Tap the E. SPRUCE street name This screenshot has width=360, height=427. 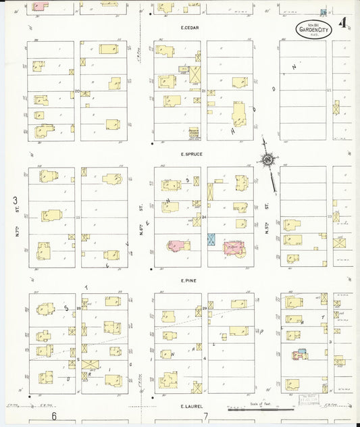click(x=192, y=154)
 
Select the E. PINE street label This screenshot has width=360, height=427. click(x=188, y=280)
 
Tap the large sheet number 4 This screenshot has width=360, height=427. click(x=344, y=22)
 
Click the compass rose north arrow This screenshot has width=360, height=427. click(x=269, y=161)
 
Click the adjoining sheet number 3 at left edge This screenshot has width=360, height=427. click(x=15, y=201)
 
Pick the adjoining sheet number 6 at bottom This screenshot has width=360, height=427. click(x=53, y=416)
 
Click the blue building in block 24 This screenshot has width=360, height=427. click(x=211, y=239)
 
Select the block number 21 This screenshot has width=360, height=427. click(x=204, y=91)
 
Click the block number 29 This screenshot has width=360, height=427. click(x=204, y=308)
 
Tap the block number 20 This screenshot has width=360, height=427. click(x=78, y=91)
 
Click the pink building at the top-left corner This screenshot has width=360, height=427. click(x=39, y=5)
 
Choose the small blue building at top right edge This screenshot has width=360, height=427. click(x=324, y=12)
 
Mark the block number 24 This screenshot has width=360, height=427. click(x=204, y=217)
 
